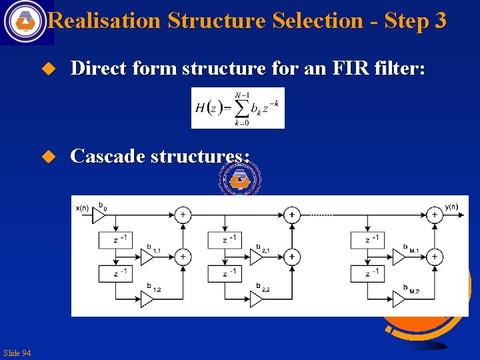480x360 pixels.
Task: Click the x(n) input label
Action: [82, 207]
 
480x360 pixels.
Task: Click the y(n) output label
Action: [451, 207]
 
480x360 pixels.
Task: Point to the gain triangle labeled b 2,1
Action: [256, 257]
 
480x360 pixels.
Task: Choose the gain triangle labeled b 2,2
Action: [256, 299]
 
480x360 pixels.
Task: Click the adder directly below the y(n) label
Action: [435, 215]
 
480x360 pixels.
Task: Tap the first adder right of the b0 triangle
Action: [182, 215]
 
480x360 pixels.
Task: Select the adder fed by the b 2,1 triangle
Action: [291, 256]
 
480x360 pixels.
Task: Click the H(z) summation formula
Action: [237, 107]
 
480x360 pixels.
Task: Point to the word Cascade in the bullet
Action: [107, 156]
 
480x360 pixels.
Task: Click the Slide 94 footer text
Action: [17, 353]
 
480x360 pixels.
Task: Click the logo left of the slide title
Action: [25, 21]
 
